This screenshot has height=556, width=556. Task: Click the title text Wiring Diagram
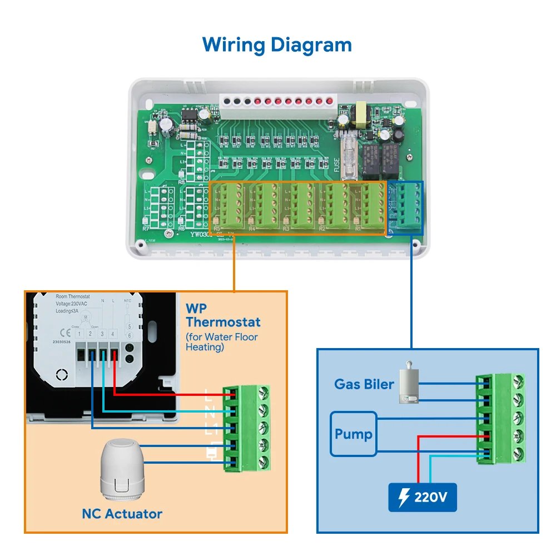(277, 44)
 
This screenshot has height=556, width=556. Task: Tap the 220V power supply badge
(422, 497)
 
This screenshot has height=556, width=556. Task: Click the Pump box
(354, 434)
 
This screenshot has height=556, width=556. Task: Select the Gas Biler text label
(364, 384)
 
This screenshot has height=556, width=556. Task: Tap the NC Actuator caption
(122, 514)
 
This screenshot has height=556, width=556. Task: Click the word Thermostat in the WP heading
(223, 322)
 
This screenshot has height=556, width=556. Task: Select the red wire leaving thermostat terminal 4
(167, 394)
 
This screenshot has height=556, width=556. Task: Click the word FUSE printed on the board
(337, 165)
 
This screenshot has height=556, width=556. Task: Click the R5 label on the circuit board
(217, 229)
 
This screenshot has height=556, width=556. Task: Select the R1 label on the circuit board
(358, 229)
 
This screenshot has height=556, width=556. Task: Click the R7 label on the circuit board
(146, 229)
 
